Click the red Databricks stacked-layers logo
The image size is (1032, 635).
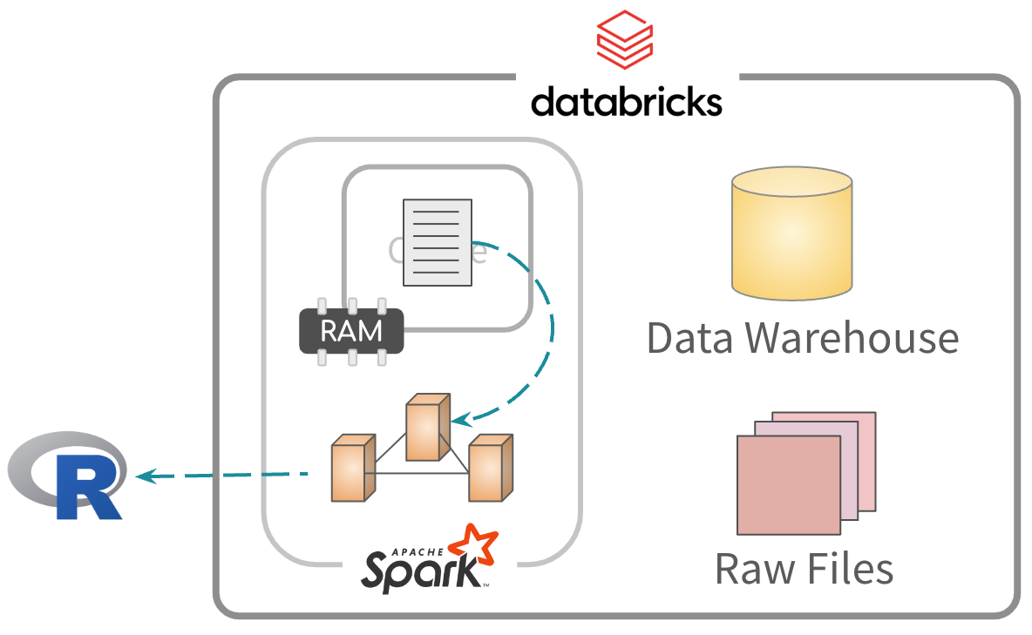tap(624, 40)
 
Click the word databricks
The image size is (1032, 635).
tap(626, 101)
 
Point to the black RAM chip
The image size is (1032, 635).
tap(351, 331)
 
